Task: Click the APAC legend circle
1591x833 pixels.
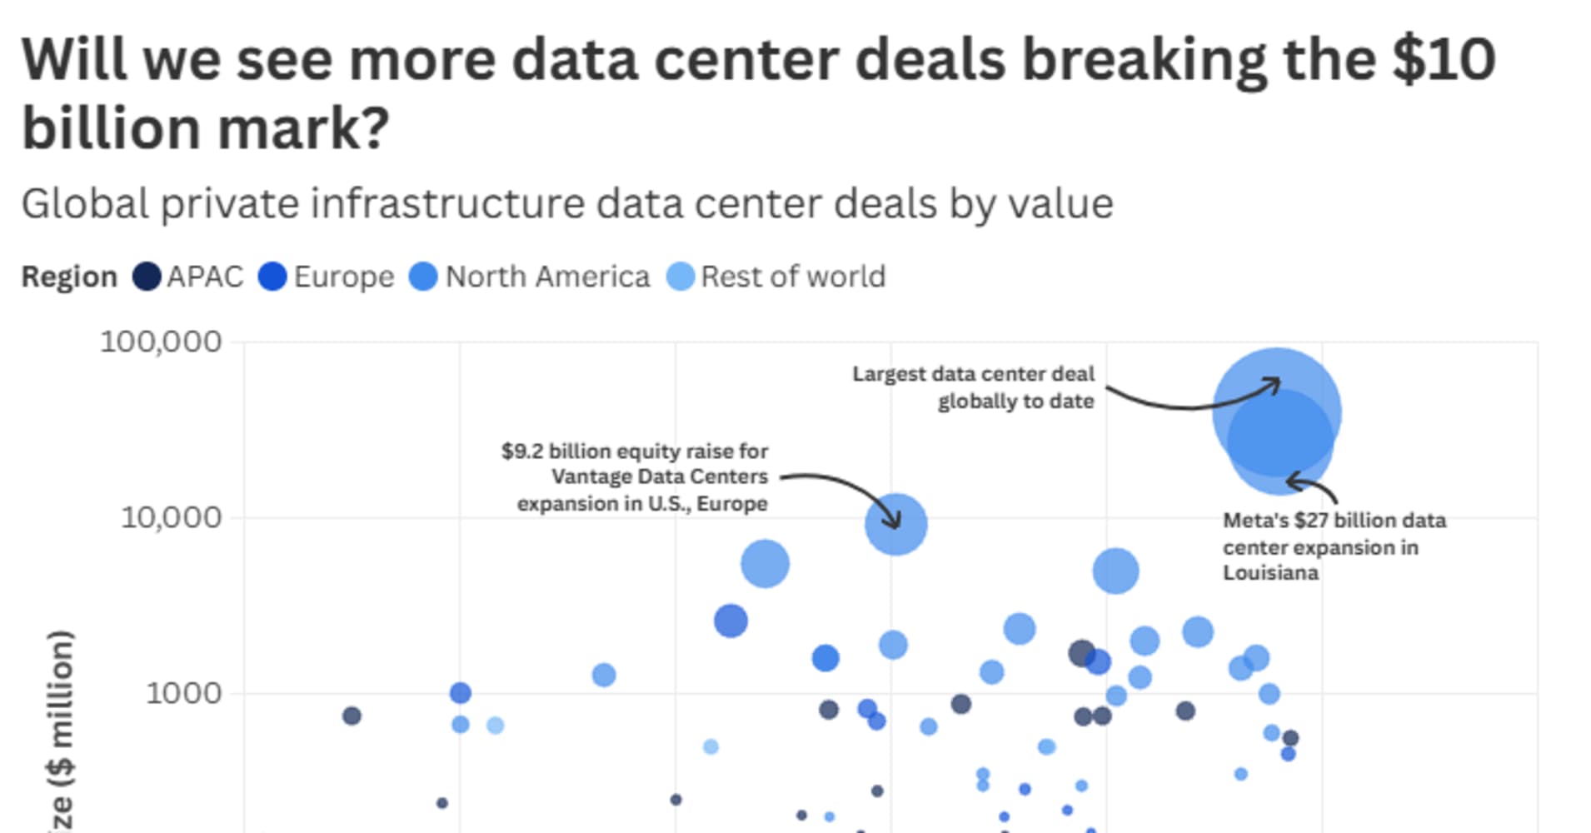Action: point(147,277)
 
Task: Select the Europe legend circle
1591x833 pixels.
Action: point(272,277)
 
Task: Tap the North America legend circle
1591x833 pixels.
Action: point(423,277)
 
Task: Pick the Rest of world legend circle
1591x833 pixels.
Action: point(681,277)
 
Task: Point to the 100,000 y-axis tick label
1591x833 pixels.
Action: point(161,342)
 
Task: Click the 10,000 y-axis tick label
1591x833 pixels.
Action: point(171,517)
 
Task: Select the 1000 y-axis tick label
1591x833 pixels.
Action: point(183,693)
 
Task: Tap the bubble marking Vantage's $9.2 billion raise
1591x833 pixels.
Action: point(895,524)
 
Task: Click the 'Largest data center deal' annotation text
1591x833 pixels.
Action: point(973,387)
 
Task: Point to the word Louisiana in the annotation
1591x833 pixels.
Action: point(1270,573)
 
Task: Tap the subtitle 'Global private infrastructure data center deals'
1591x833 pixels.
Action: point(566,204)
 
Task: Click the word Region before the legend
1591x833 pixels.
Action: point(69,277)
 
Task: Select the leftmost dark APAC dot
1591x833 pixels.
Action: point(352,716)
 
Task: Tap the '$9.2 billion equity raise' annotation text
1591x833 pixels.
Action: point(635,451)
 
